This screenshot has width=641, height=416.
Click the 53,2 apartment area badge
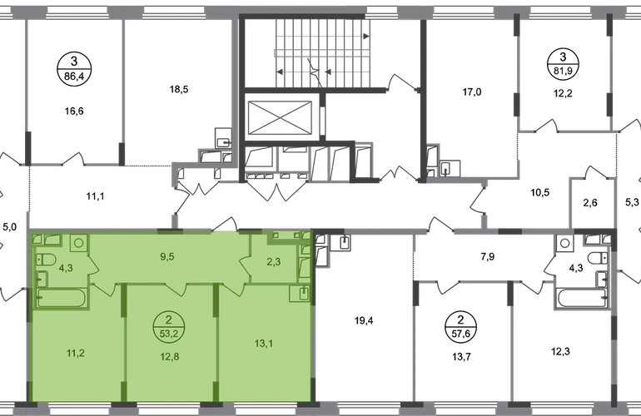click(x=169, y=326)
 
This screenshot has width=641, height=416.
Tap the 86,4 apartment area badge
click(x=74, y=68)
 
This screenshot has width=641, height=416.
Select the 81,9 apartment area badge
click(x=563, y=64)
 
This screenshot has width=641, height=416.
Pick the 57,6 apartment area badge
click(x=460, y=326)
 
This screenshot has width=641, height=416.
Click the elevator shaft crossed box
click(x=280, y=117)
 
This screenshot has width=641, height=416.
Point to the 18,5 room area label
click(x=179, y=89)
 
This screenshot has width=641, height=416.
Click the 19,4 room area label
click(x=364, y=320)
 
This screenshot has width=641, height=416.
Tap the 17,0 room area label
click(x=472, y=92)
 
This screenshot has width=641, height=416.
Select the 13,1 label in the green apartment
click(x=264, y=344)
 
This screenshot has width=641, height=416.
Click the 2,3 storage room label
click(x=274, y=261)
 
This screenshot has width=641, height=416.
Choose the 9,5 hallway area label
click(x=167, y=256)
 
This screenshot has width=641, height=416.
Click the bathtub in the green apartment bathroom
click(x=62, y=298)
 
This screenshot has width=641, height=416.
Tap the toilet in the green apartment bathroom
click(x=46, y=259)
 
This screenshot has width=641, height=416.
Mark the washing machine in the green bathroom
click(x=78, y=243)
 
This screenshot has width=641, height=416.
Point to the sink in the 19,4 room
click(x=345, y=241)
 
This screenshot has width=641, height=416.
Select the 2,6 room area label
click(x=590, y=202)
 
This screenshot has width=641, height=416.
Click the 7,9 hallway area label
click(x=488, y=256)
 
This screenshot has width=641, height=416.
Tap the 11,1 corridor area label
click(x=95, y=196)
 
